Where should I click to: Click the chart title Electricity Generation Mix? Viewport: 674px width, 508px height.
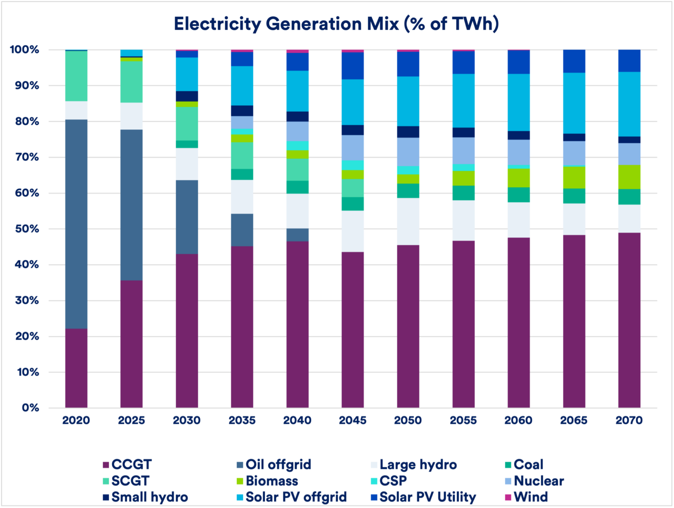336,24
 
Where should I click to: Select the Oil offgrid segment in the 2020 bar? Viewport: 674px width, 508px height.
76,224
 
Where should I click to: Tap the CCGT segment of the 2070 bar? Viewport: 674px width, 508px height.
629,320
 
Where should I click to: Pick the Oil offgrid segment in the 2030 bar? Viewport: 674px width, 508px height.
187,217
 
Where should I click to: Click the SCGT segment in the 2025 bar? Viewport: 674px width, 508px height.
131,82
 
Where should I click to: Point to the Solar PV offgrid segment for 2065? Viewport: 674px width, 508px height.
574,103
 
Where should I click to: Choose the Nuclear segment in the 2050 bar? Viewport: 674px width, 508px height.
408,152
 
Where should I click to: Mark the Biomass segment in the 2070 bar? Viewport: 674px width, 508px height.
629,177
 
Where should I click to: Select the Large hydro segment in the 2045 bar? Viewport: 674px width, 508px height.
352,231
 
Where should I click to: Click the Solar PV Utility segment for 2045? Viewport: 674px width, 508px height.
352,65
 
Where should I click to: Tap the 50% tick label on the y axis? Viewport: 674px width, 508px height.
24,229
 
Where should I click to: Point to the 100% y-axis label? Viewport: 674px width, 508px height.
24,50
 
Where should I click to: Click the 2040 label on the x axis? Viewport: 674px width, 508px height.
297,420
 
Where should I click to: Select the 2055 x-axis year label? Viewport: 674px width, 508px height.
463,420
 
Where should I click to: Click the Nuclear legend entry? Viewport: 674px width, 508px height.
538,481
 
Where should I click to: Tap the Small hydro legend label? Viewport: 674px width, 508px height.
149,497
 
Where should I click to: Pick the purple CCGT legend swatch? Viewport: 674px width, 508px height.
105,465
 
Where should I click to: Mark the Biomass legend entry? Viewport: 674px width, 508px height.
272,481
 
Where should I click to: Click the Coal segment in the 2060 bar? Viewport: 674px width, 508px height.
518,195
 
